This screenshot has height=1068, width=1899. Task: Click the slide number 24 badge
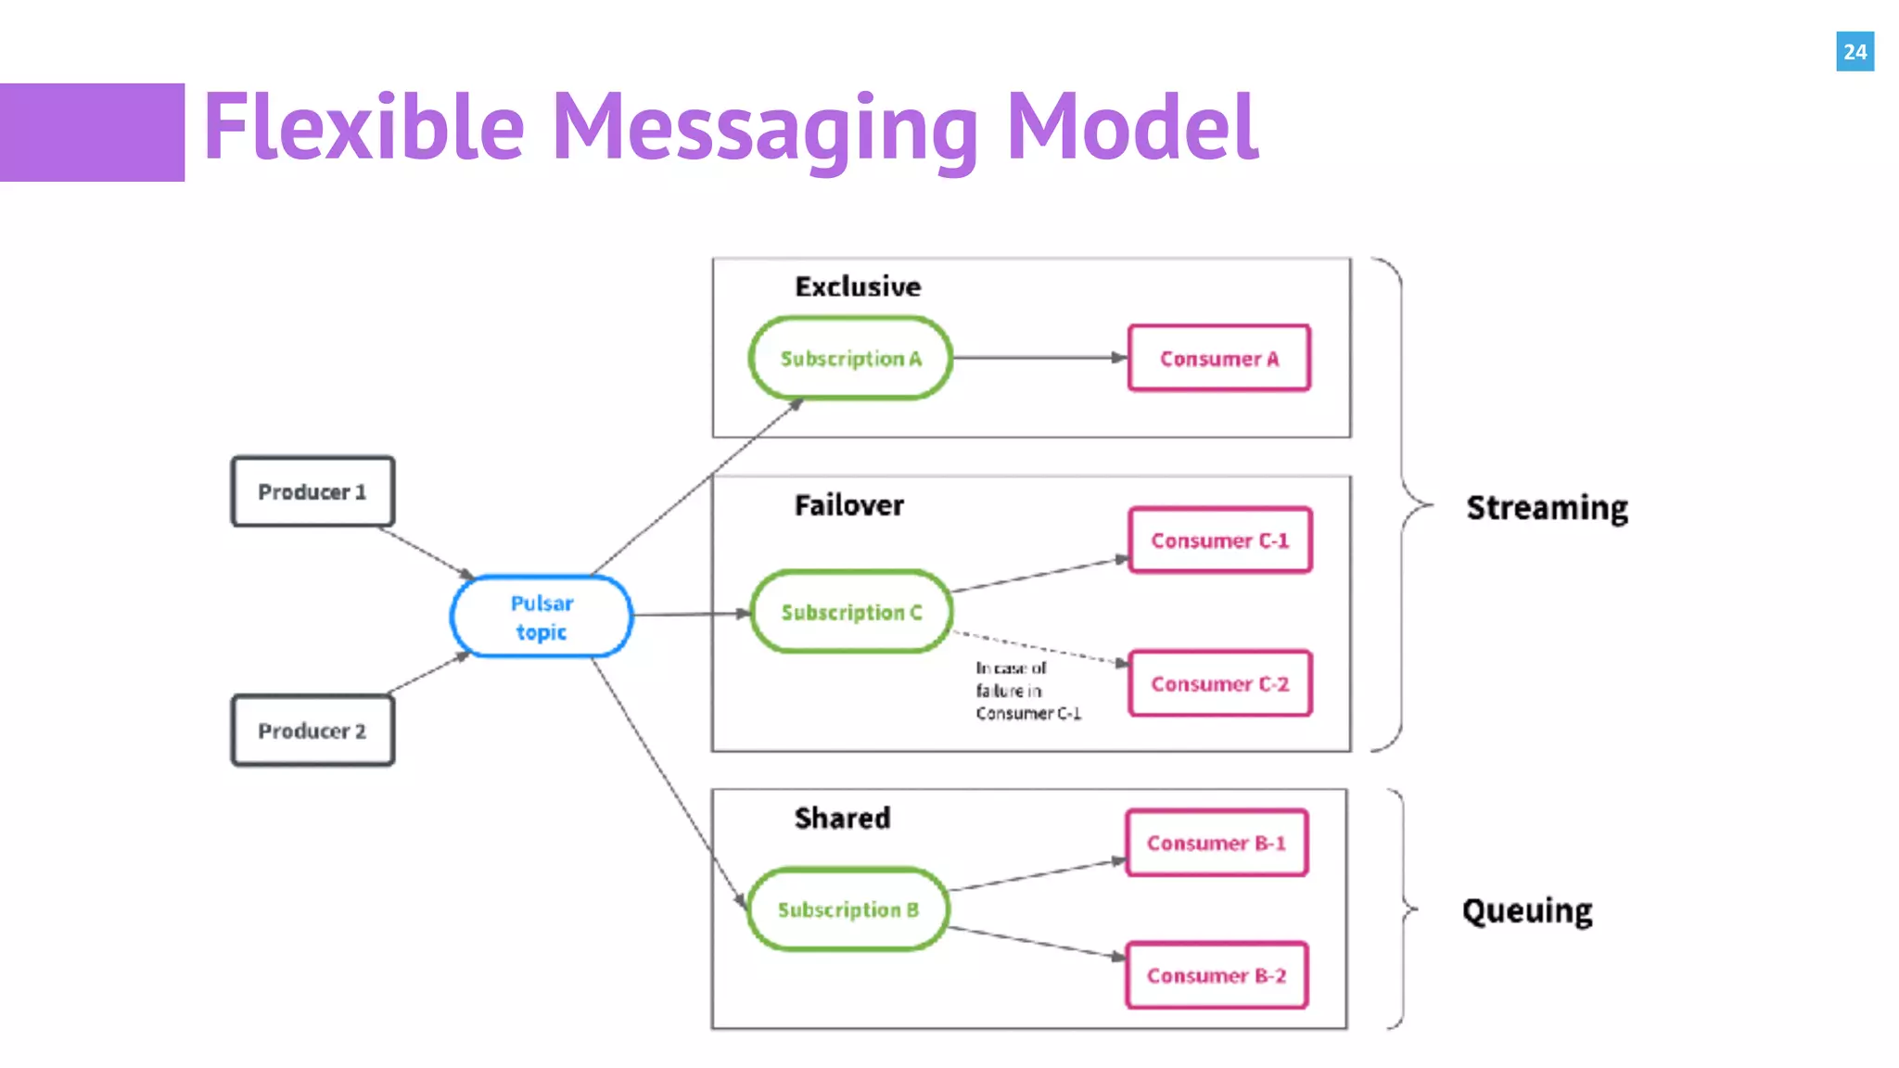coord(1854,52)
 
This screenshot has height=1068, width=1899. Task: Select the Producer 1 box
coord(312,491)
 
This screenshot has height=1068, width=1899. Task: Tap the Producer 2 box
coord(312,731)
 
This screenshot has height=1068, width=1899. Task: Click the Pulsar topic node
coord(542,617)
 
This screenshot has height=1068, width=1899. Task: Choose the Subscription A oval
coord(850,359)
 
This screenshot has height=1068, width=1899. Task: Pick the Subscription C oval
coord(851,612)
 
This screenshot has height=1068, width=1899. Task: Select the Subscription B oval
coord(848,909)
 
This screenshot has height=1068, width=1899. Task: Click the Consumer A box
coord(1218,359)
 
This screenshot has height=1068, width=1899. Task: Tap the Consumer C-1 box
coord(1219,540)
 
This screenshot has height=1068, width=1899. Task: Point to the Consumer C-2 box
coord(1219,684)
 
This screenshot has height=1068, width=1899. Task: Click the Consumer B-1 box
coord(1216,843)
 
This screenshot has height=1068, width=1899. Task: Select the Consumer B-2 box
coord(1216,975)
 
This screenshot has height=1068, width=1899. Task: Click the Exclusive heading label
coord(858,286)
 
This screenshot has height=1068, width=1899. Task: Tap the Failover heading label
coord(848,505)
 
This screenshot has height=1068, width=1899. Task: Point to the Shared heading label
coord(842,818)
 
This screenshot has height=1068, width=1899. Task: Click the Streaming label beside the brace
coord(1547,508)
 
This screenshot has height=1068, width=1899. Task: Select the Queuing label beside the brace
coord(1527,910)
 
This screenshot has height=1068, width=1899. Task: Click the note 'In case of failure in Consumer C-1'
coord(1026,691)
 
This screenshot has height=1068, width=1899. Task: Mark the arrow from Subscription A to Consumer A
coord(1039,358)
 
